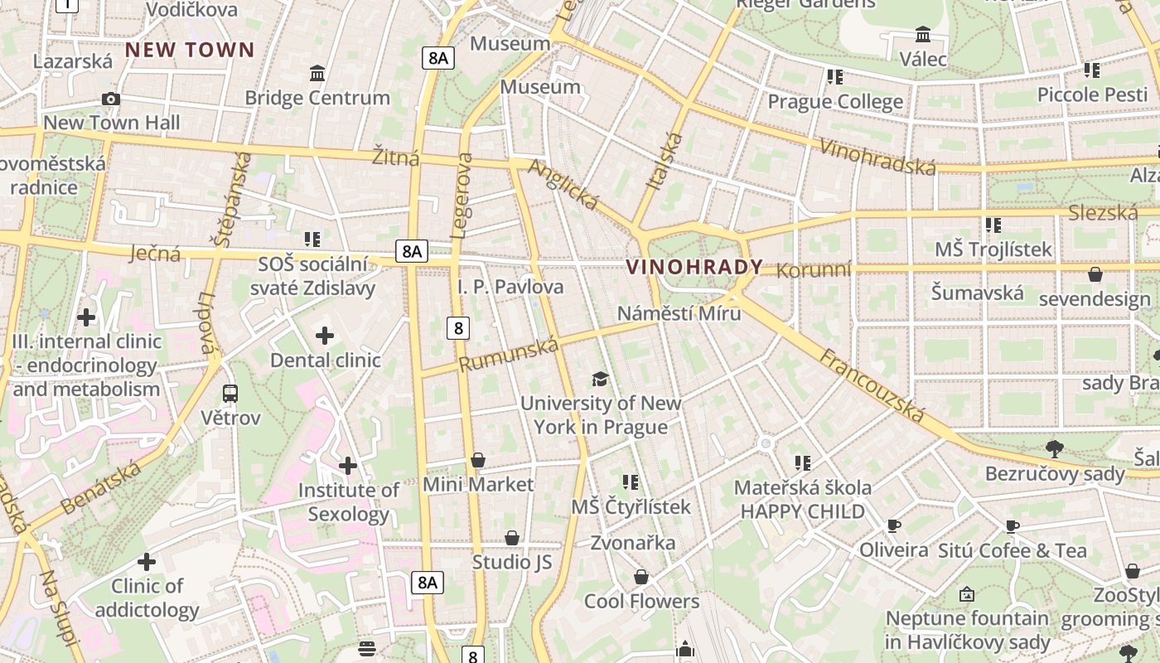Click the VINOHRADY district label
694,267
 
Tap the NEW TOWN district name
190,50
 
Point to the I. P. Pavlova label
510,287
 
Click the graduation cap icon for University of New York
600,379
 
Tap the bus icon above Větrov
230,393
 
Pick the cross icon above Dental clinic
325,336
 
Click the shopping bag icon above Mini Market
478,460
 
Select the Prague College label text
835,101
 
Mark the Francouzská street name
872,386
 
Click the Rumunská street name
509,353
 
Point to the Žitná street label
395,157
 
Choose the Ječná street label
155,253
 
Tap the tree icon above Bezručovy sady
1054,449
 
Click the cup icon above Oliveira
893,525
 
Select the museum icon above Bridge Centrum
317,74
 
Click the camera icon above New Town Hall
111,99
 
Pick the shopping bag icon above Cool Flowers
641,577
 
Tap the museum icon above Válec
923,34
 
